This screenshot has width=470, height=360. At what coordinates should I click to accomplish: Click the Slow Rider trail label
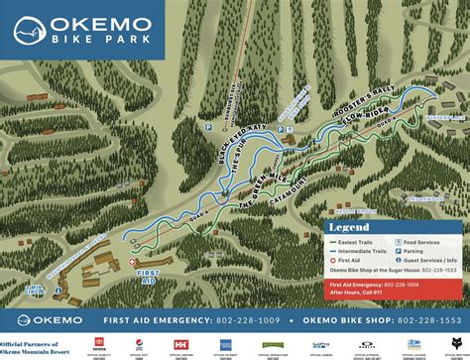click(364, 126)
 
